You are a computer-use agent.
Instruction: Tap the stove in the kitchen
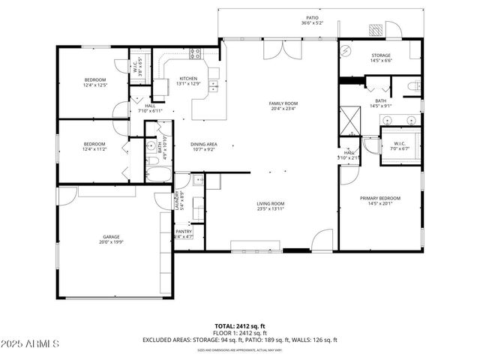coord(196,53)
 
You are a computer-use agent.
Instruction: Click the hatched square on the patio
coord(375,29)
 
